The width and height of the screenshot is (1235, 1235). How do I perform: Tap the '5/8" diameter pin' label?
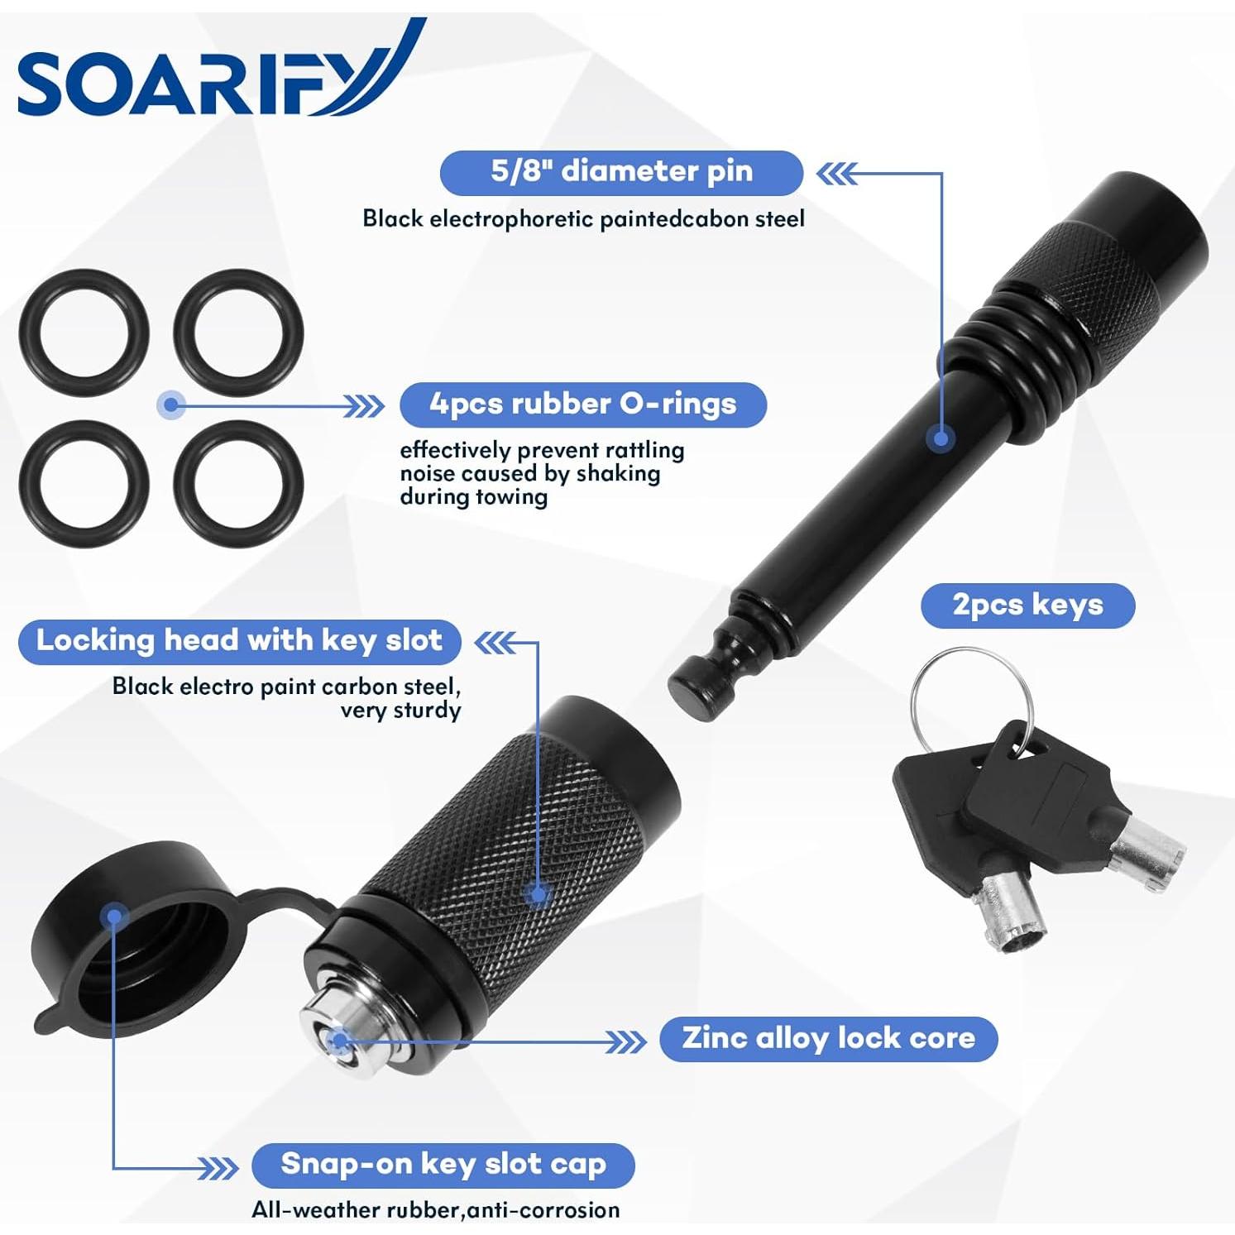pos(621,172)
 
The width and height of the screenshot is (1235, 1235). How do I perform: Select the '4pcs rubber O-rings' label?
pos(582,404)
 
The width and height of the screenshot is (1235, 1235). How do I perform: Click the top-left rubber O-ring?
pos(84,333)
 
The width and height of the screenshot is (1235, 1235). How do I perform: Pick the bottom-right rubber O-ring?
pos(238,484)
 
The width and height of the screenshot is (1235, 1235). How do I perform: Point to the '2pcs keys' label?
pos(1027,605)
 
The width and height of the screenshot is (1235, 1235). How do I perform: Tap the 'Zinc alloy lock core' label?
pos(828,1038)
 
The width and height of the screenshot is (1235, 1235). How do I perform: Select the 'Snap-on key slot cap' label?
pos(443,1165)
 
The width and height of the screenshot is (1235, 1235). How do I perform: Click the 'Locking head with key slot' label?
pos(239,641)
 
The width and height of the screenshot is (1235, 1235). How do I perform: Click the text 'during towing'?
pos(473,497)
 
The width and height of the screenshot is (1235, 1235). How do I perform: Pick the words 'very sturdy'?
pos(400,711)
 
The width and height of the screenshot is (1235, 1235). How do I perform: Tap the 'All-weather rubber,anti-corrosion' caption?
pos(435,1210)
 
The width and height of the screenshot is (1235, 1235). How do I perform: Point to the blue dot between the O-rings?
pos(171,404)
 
